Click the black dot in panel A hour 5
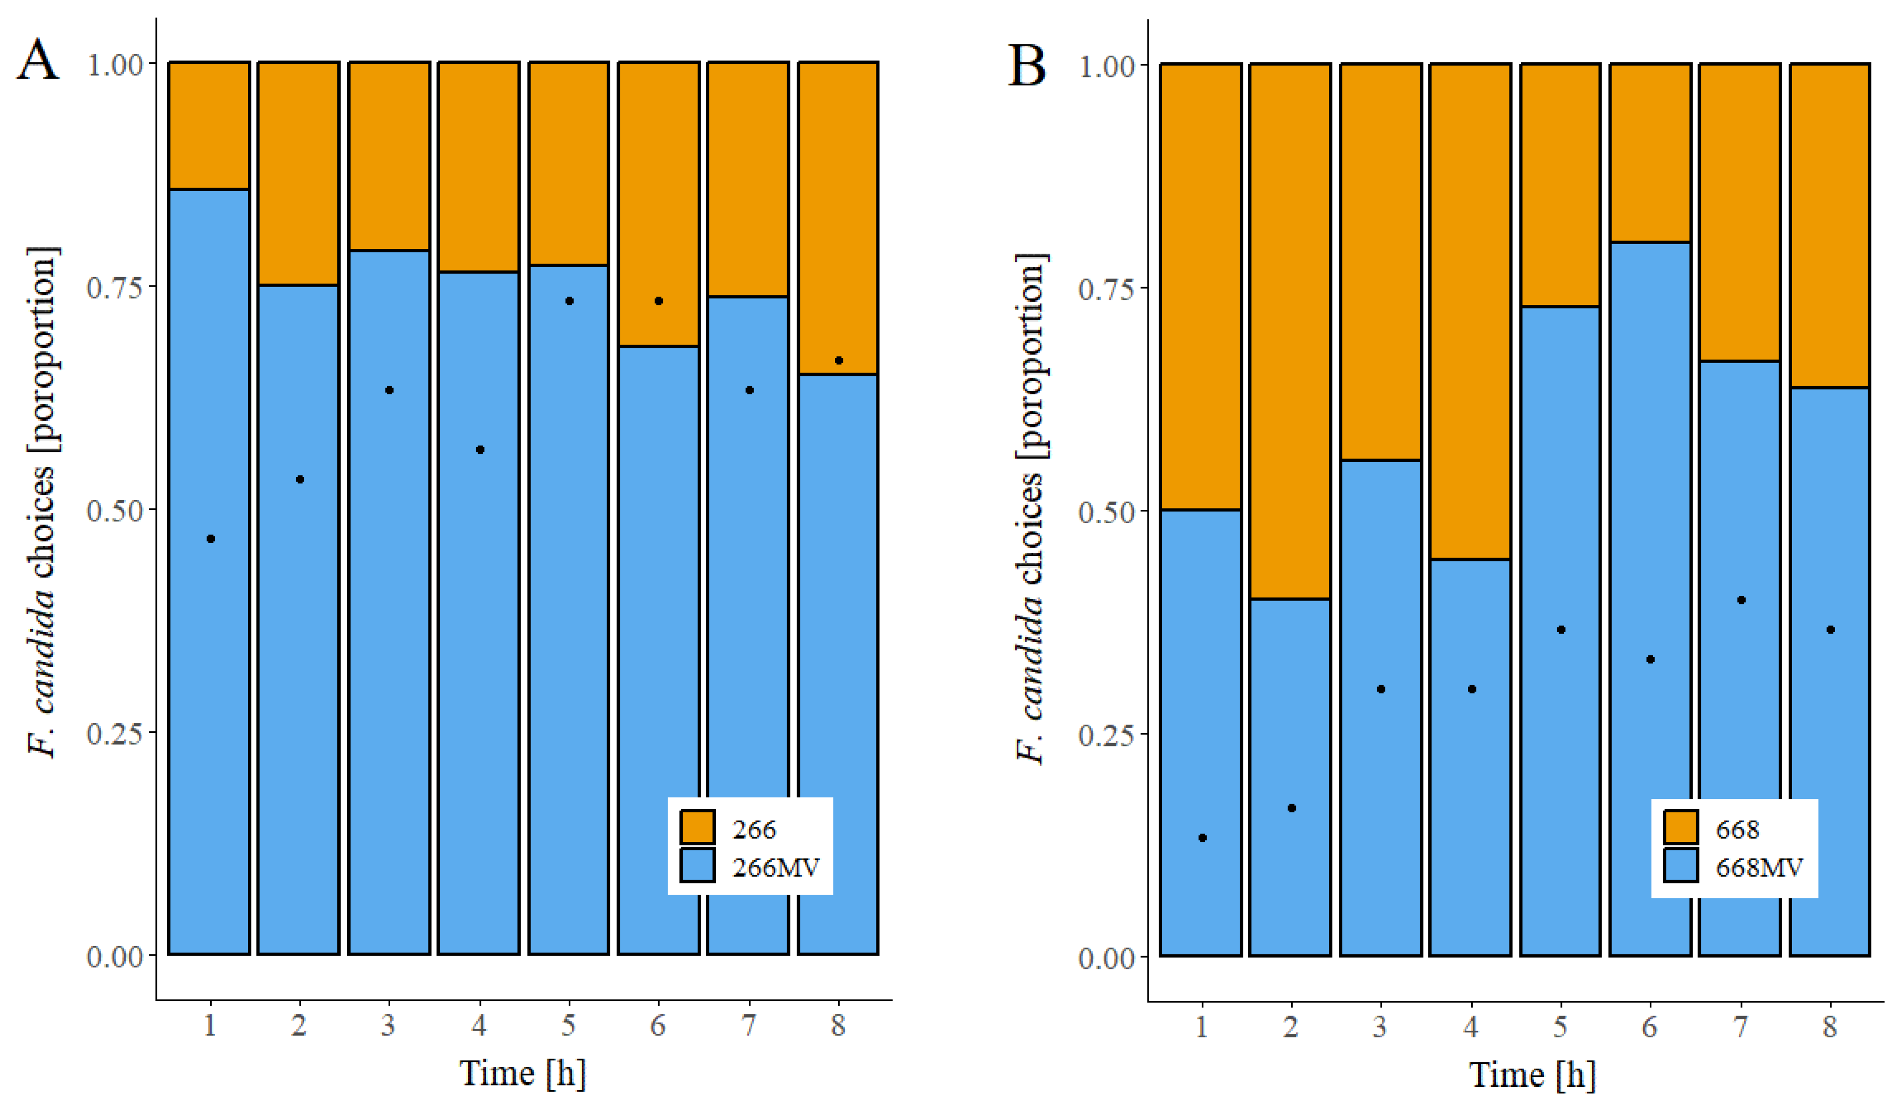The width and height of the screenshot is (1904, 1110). pos(570,301)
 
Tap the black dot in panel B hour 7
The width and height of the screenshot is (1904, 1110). pos(1741,600)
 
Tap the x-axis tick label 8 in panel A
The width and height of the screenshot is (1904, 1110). pos(838,1025)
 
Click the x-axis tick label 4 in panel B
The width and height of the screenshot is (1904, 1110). pos(1470,1027)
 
